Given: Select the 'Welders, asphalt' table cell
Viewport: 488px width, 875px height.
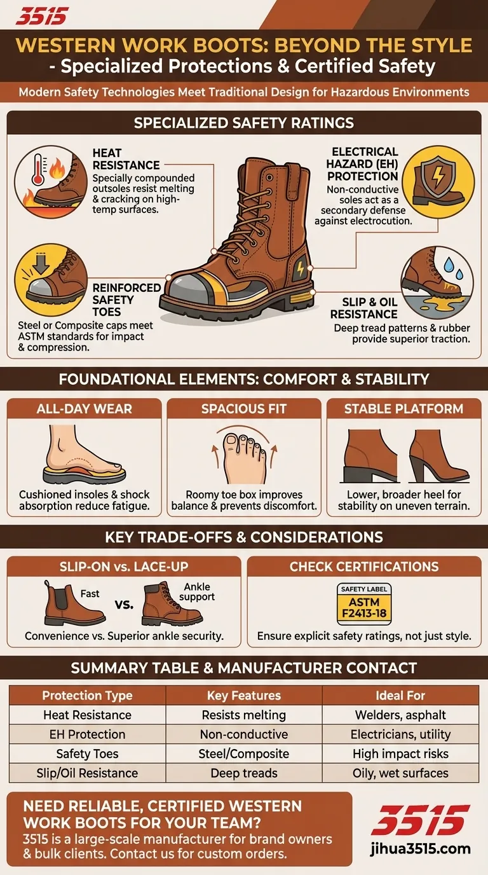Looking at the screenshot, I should click(x=400, y=715).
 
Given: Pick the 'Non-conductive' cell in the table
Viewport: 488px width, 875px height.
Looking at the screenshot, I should click(x=244, y=734).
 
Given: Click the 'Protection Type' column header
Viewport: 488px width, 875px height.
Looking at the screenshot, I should click(x=87, y=695).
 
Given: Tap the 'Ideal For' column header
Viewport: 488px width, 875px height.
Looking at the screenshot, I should click(x=400, y=695).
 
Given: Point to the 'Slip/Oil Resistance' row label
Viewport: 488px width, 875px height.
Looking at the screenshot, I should click(x=87, y=773).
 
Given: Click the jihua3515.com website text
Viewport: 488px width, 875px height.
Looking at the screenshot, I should click(x=421, y=848).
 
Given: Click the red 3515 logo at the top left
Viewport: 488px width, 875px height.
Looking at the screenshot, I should click(x=41, y=16).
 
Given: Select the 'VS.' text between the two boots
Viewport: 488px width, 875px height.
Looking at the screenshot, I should click(x=124, y=604).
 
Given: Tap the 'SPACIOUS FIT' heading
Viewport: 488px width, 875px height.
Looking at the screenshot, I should click(x=244, y=409).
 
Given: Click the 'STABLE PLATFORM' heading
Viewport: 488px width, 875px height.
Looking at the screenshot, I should click(x=403, y=409).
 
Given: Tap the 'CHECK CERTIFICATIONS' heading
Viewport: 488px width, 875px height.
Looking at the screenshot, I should click(x=364, y=566).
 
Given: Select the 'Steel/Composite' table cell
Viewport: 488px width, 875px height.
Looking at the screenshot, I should click(x=244, y=754).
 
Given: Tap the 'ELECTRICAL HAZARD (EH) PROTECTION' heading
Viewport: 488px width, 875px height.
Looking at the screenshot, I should click(x=365, y=164).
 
